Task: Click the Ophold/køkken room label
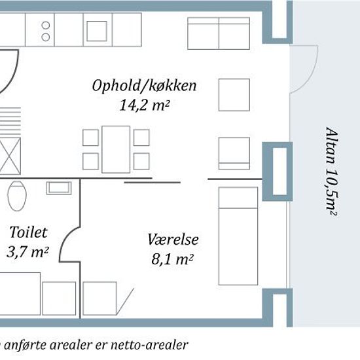pos(144,86)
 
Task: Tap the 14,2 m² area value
pos(145,105)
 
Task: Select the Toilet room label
pos(28,232)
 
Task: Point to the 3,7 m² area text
pos(27,252)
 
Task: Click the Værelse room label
pos(173,239)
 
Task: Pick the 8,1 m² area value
pos(172,259)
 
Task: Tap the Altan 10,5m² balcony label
pos(332,171)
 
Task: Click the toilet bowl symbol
pos(17,196)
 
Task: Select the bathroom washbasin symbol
pos(59,188)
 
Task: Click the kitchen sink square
pos(97,31)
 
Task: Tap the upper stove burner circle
pos(46,25)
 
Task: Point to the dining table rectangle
pos(116,149)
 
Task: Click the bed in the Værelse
pos(238,236)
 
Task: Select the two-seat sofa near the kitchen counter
pos(219,33)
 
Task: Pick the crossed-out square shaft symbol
pos(10,156)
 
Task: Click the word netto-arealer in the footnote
pos(150,345)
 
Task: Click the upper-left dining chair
pos(91,137)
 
